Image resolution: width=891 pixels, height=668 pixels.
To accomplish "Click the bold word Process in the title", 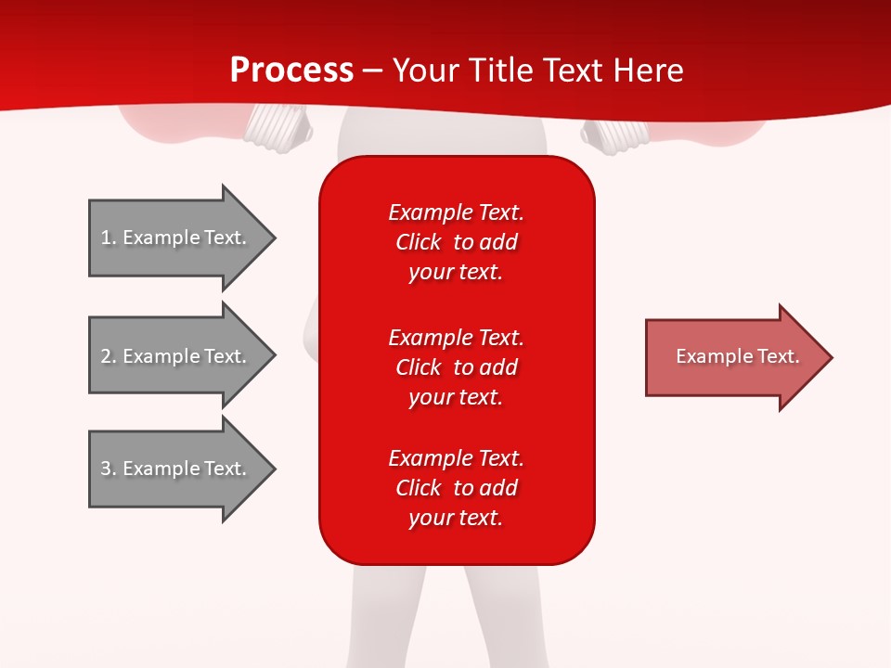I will click(291, 71).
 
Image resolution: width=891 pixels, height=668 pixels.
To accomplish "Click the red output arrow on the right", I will click(733, 357).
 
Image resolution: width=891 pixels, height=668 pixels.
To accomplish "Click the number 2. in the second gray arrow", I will click(109, 356).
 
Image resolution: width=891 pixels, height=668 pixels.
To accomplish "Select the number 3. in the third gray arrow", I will click(109, 469).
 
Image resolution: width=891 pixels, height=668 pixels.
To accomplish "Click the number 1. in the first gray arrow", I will click(108, 238).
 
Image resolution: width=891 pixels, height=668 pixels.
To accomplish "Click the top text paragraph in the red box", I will click(456, 242).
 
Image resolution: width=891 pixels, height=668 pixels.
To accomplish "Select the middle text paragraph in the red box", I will click(456, 367).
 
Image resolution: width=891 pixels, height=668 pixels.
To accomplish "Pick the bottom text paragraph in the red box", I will click(456, 488).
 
